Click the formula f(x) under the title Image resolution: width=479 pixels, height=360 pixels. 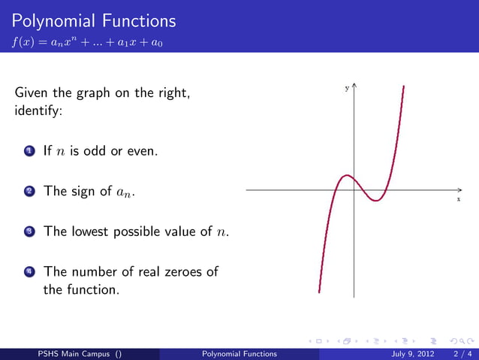(x=89, y=43)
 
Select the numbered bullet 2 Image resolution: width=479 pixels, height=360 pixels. (x=29, y=191)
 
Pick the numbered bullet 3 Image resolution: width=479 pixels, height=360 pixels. (x=29, y=231)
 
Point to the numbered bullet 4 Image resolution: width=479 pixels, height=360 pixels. (x=29, y=271)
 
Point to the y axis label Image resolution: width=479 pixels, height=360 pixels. (x=346, y=88)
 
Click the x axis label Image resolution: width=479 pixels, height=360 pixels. (x=458, y=200)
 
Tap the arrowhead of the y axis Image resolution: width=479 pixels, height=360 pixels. (x=354, y=86)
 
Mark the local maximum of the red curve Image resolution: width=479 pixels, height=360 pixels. (x=345, y=176)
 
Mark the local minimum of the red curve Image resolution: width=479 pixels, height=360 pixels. (x=377, y=201)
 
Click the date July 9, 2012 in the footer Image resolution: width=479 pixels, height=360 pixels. (x=403, y=353)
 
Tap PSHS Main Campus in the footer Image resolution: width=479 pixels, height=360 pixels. (x=71, y=353)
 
